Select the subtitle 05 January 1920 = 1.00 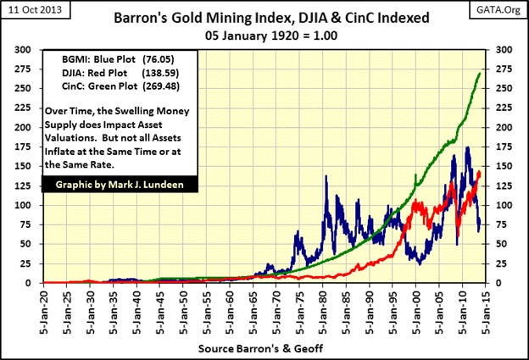click(264, 38)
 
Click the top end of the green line click(480, 74)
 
